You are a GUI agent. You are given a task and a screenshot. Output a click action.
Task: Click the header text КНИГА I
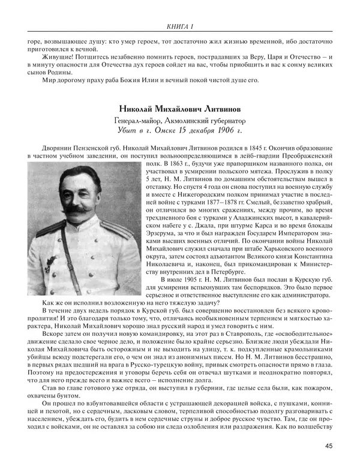[x=180, y=25]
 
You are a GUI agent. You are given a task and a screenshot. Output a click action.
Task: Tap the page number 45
[x=329, y=445]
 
